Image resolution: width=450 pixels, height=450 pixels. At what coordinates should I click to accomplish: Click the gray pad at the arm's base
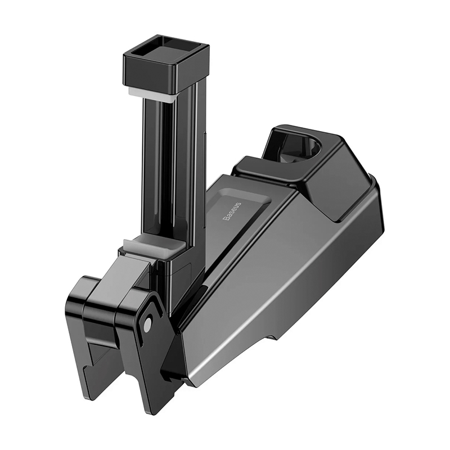(x=149, y=245)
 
